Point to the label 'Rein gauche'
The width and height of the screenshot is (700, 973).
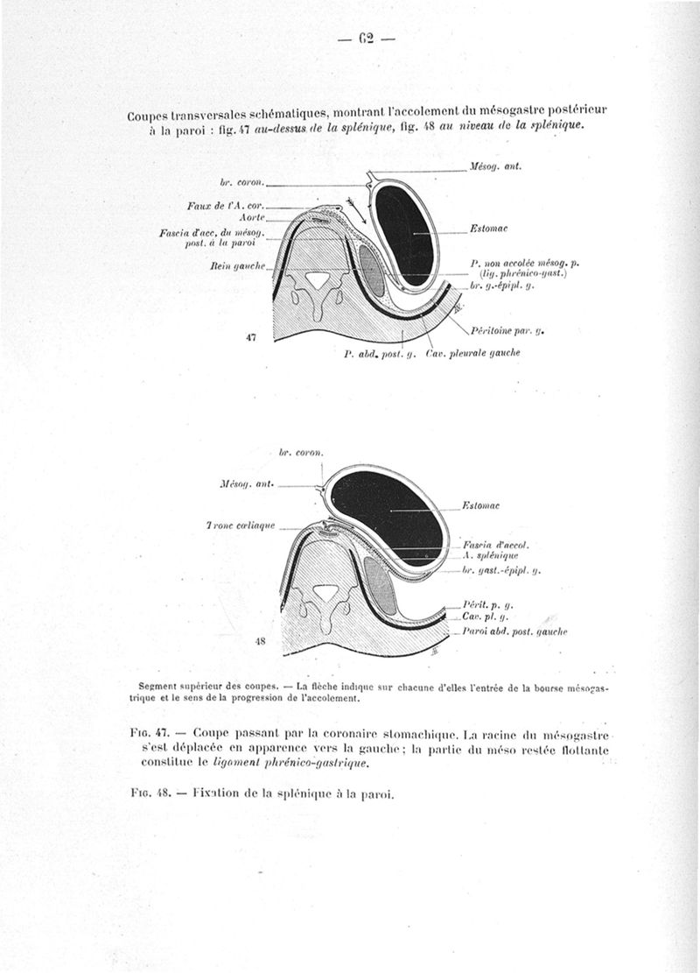tap(244, 263)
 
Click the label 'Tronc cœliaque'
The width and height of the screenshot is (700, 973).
tap(241, 526)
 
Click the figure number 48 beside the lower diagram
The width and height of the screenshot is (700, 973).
tap(259, 640)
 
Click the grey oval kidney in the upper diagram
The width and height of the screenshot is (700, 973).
tap(371, 271)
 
